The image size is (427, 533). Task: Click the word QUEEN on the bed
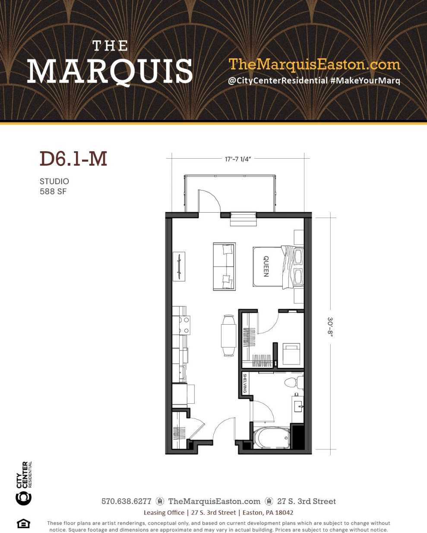point(266,266)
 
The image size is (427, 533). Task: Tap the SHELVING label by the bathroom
point(245,383)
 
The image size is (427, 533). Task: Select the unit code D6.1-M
point(73,159)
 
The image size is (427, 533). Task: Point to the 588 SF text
point(53,191)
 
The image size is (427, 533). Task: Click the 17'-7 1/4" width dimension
point(237,159)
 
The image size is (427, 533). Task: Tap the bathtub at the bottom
point(272,438)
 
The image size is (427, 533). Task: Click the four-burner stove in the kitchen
point(181,325)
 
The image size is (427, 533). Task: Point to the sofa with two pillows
point(224,266)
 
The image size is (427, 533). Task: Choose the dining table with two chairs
point(228,335)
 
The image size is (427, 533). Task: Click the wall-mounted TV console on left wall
point(179,266)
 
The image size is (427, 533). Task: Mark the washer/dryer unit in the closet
point(291,354)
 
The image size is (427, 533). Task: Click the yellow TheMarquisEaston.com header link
point(314,64)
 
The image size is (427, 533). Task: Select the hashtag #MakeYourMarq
point(365,81)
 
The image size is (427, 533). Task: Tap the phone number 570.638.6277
point(126,501)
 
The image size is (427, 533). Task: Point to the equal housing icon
point(23,523)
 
